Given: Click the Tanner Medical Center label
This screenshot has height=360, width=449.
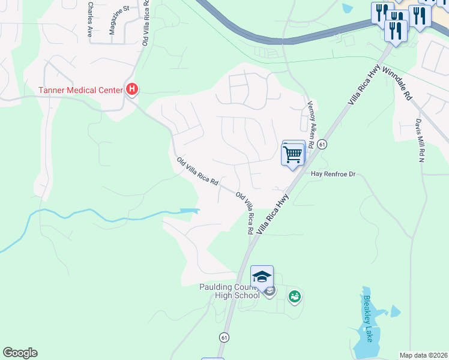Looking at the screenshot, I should (81, 90).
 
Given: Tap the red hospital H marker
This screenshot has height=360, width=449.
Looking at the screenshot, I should (133, 90).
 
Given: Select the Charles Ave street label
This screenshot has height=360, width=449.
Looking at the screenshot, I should (89, 20).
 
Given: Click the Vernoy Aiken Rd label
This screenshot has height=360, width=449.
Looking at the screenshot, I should (310, 124).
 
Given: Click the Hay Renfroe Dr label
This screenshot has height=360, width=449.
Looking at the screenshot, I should (333, 174).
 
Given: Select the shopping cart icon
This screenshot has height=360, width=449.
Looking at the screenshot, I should (294, 154).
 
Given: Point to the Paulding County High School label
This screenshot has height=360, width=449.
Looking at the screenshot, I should (229, 291).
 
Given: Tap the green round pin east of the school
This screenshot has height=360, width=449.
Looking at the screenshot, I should (294, 296).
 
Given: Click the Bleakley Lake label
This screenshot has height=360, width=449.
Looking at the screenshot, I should (368, 318).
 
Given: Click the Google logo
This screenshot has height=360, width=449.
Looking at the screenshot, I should (20, 353).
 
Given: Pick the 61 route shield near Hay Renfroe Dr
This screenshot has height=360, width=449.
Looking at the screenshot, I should (322, 145).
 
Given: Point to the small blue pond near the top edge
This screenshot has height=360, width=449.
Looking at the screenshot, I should (346, 8).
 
